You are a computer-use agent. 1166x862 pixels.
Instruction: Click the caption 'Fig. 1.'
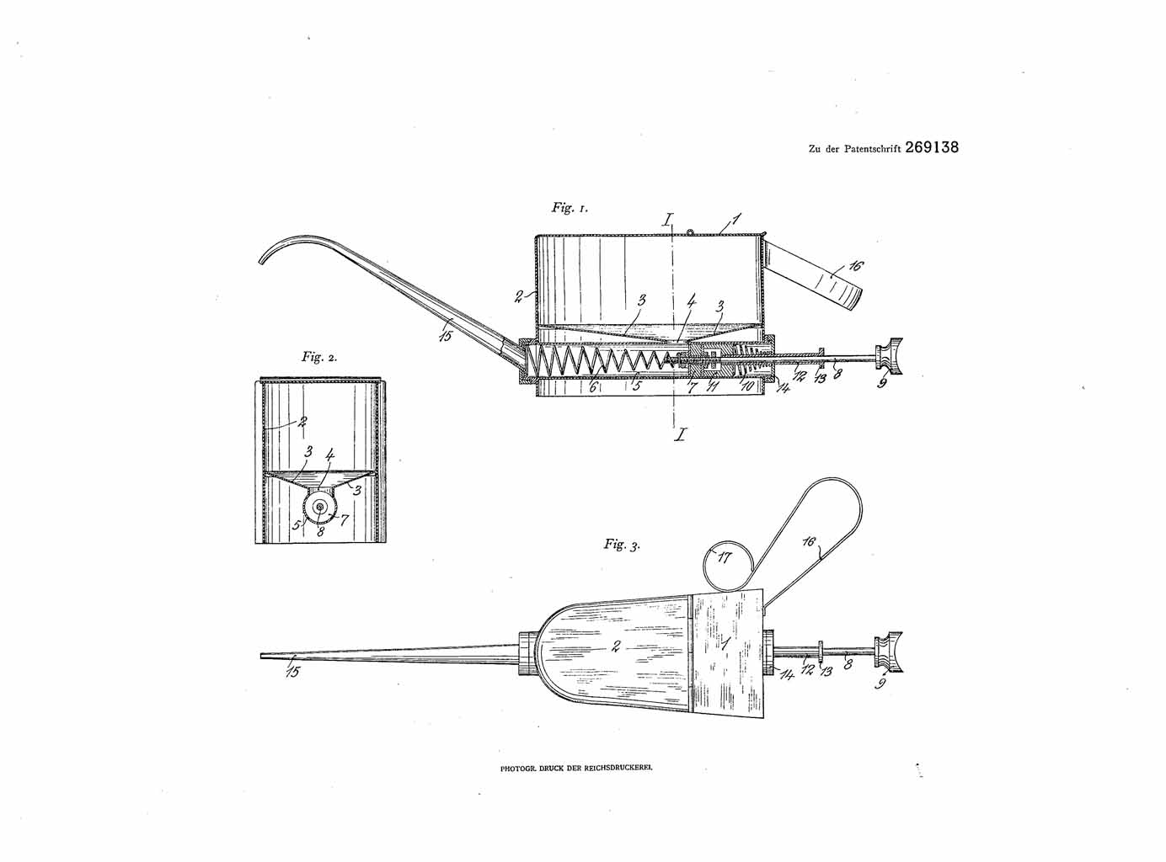point(570,208)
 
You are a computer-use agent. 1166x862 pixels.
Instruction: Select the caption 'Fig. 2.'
point(319,357)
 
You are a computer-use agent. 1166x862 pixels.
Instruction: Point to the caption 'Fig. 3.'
point(622,544)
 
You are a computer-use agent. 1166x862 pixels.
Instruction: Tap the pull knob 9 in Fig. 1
point(889,357)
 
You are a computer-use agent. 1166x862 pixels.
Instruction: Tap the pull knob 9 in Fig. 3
point(889,652)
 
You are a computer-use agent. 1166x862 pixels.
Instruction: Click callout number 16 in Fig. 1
point(855,266)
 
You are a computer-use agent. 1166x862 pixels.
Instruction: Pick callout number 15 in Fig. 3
point(292,671)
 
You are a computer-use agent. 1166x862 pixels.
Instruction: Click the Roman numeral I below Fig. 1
point(682,434)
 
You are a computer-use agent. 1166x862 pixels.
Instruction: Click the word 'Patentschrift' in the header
point(873,149)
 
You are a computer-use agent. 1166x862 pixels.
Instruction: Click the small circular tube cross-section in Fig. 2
point(318,507)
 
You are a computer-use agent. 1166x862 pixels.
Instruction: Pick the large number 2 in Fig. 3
point(615,646)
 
